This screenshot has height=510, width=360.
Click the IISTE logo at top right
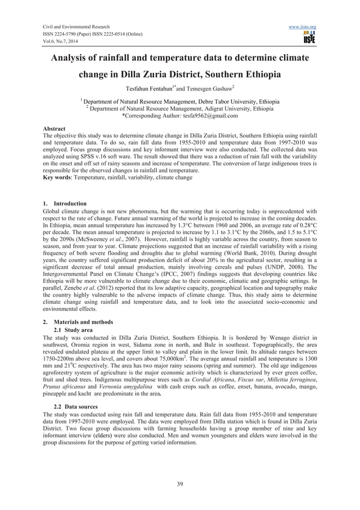[309, 38]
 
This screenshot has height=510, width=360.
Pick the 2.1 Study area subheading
[75, 329]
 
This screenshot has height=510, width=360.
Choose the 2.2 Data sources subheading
[78, 407]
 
